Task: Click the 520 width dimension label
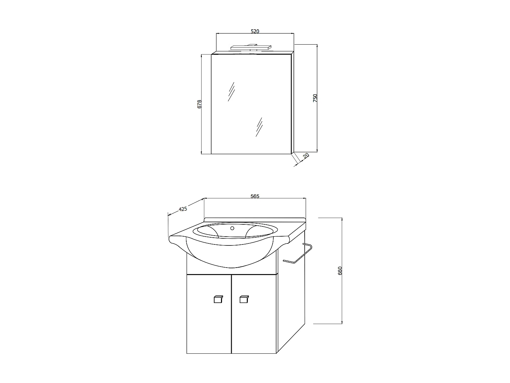tap(255, 31)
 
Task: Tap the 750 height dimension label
tap(315, 98)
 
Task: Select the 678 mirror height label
tap(200, 104)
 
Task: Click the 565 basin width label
tap(255, 196)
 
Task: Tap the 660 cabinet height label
tap(340, 271)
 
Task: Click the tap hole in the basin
tap(233, 228)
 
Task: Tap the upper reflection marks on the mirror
tap(231, 91)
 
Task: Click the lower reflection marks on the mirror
tap(259, 127)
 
